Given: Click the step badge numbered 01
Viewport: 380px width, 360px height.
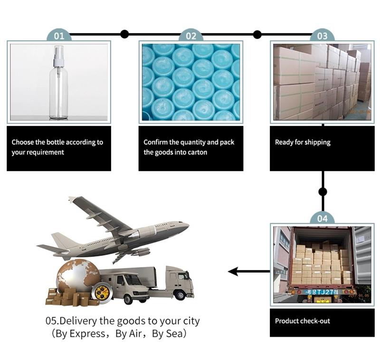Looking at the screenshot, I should [59, 36].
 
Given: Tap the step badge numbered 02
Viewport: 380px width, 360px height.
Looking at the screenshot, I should [191, 36].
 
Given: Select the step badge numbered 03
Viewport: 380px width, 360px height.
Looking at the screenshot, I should [322, 36].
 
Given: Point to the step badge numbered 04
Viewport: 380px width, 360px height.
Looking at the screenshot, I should [322, 218].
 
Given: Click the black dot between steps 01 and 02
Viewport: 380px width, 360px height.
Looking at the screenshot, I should [124, 34].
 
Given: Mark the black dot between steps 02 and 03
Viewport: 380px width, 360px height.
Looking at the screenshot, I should [257, 34].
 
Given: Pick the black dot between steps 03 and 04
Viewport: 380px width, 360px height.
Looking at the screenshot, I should [323, 192].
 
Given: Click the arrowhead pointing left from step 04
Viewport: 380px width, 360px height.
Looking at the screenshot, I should [233, 272].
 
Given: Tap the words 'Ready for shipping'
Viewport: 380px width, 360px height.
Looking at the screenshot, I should [303, 142].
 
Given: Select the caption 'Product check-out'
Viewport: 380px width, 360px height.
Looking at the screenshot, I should [302, 321].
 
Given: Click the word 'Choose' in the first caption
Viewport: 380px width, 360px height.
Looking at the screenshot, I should [22, 142].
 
